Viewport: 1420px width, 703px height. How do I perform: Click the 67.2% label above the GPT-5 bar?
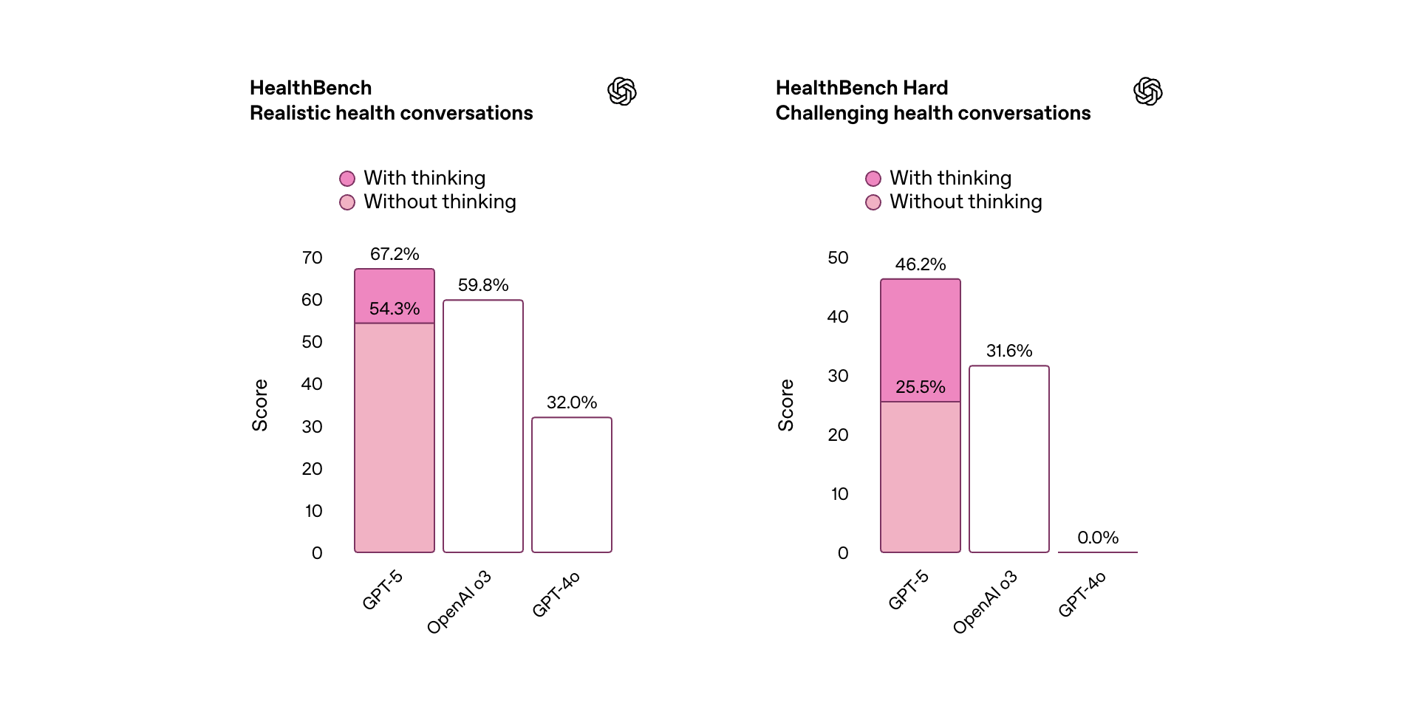pos(395,254)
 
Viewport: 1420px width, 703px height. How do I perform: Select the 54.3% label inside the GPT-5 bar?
pos(395,309)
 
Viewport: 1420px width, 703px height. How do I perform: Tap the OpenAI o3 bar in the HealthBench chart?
pos(483,426)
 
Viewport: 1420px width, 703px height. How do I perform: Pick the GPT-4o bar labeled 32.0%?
pos(572,484)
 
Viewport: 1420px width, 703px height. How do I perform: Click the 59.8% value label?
pos(483,285)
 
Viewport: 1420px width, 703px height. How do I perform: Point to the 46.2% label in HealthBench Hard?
pos(921,264)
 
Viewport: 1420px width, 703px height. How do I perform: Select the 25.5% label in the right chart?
pos(921,387)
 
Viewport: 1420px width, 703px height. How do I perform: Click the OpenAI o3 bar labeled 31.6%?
pos(1009,459)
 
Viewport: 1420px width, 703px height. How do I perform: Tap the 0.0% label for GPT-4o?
pos(1098,538)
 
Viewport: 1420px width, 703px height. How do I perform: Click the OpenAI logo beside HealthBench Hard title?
pos(1148,92)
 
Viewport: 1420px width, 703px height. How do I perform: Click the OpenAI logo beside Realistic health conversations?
pos(622,92)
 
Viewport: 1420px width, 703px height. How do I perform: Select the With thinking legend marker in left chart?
pos(347,179)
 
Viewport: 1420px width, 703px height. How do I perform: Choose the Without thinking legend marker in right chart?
pos(873,202)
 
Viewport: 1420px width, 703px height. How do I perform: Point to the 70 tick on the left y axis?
pos(312,258)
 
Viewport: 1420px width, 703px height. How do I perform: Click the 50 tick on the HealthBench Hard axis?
pos(838,258)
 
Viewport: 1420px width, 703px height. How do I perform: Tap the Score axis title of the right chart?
pos(786,405)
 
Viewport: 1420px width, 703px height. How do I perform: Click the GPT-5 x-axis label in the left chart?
pos(383,589)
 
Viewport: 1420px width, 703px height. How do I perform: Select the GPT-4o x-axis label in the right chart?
pos(1082,594)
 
